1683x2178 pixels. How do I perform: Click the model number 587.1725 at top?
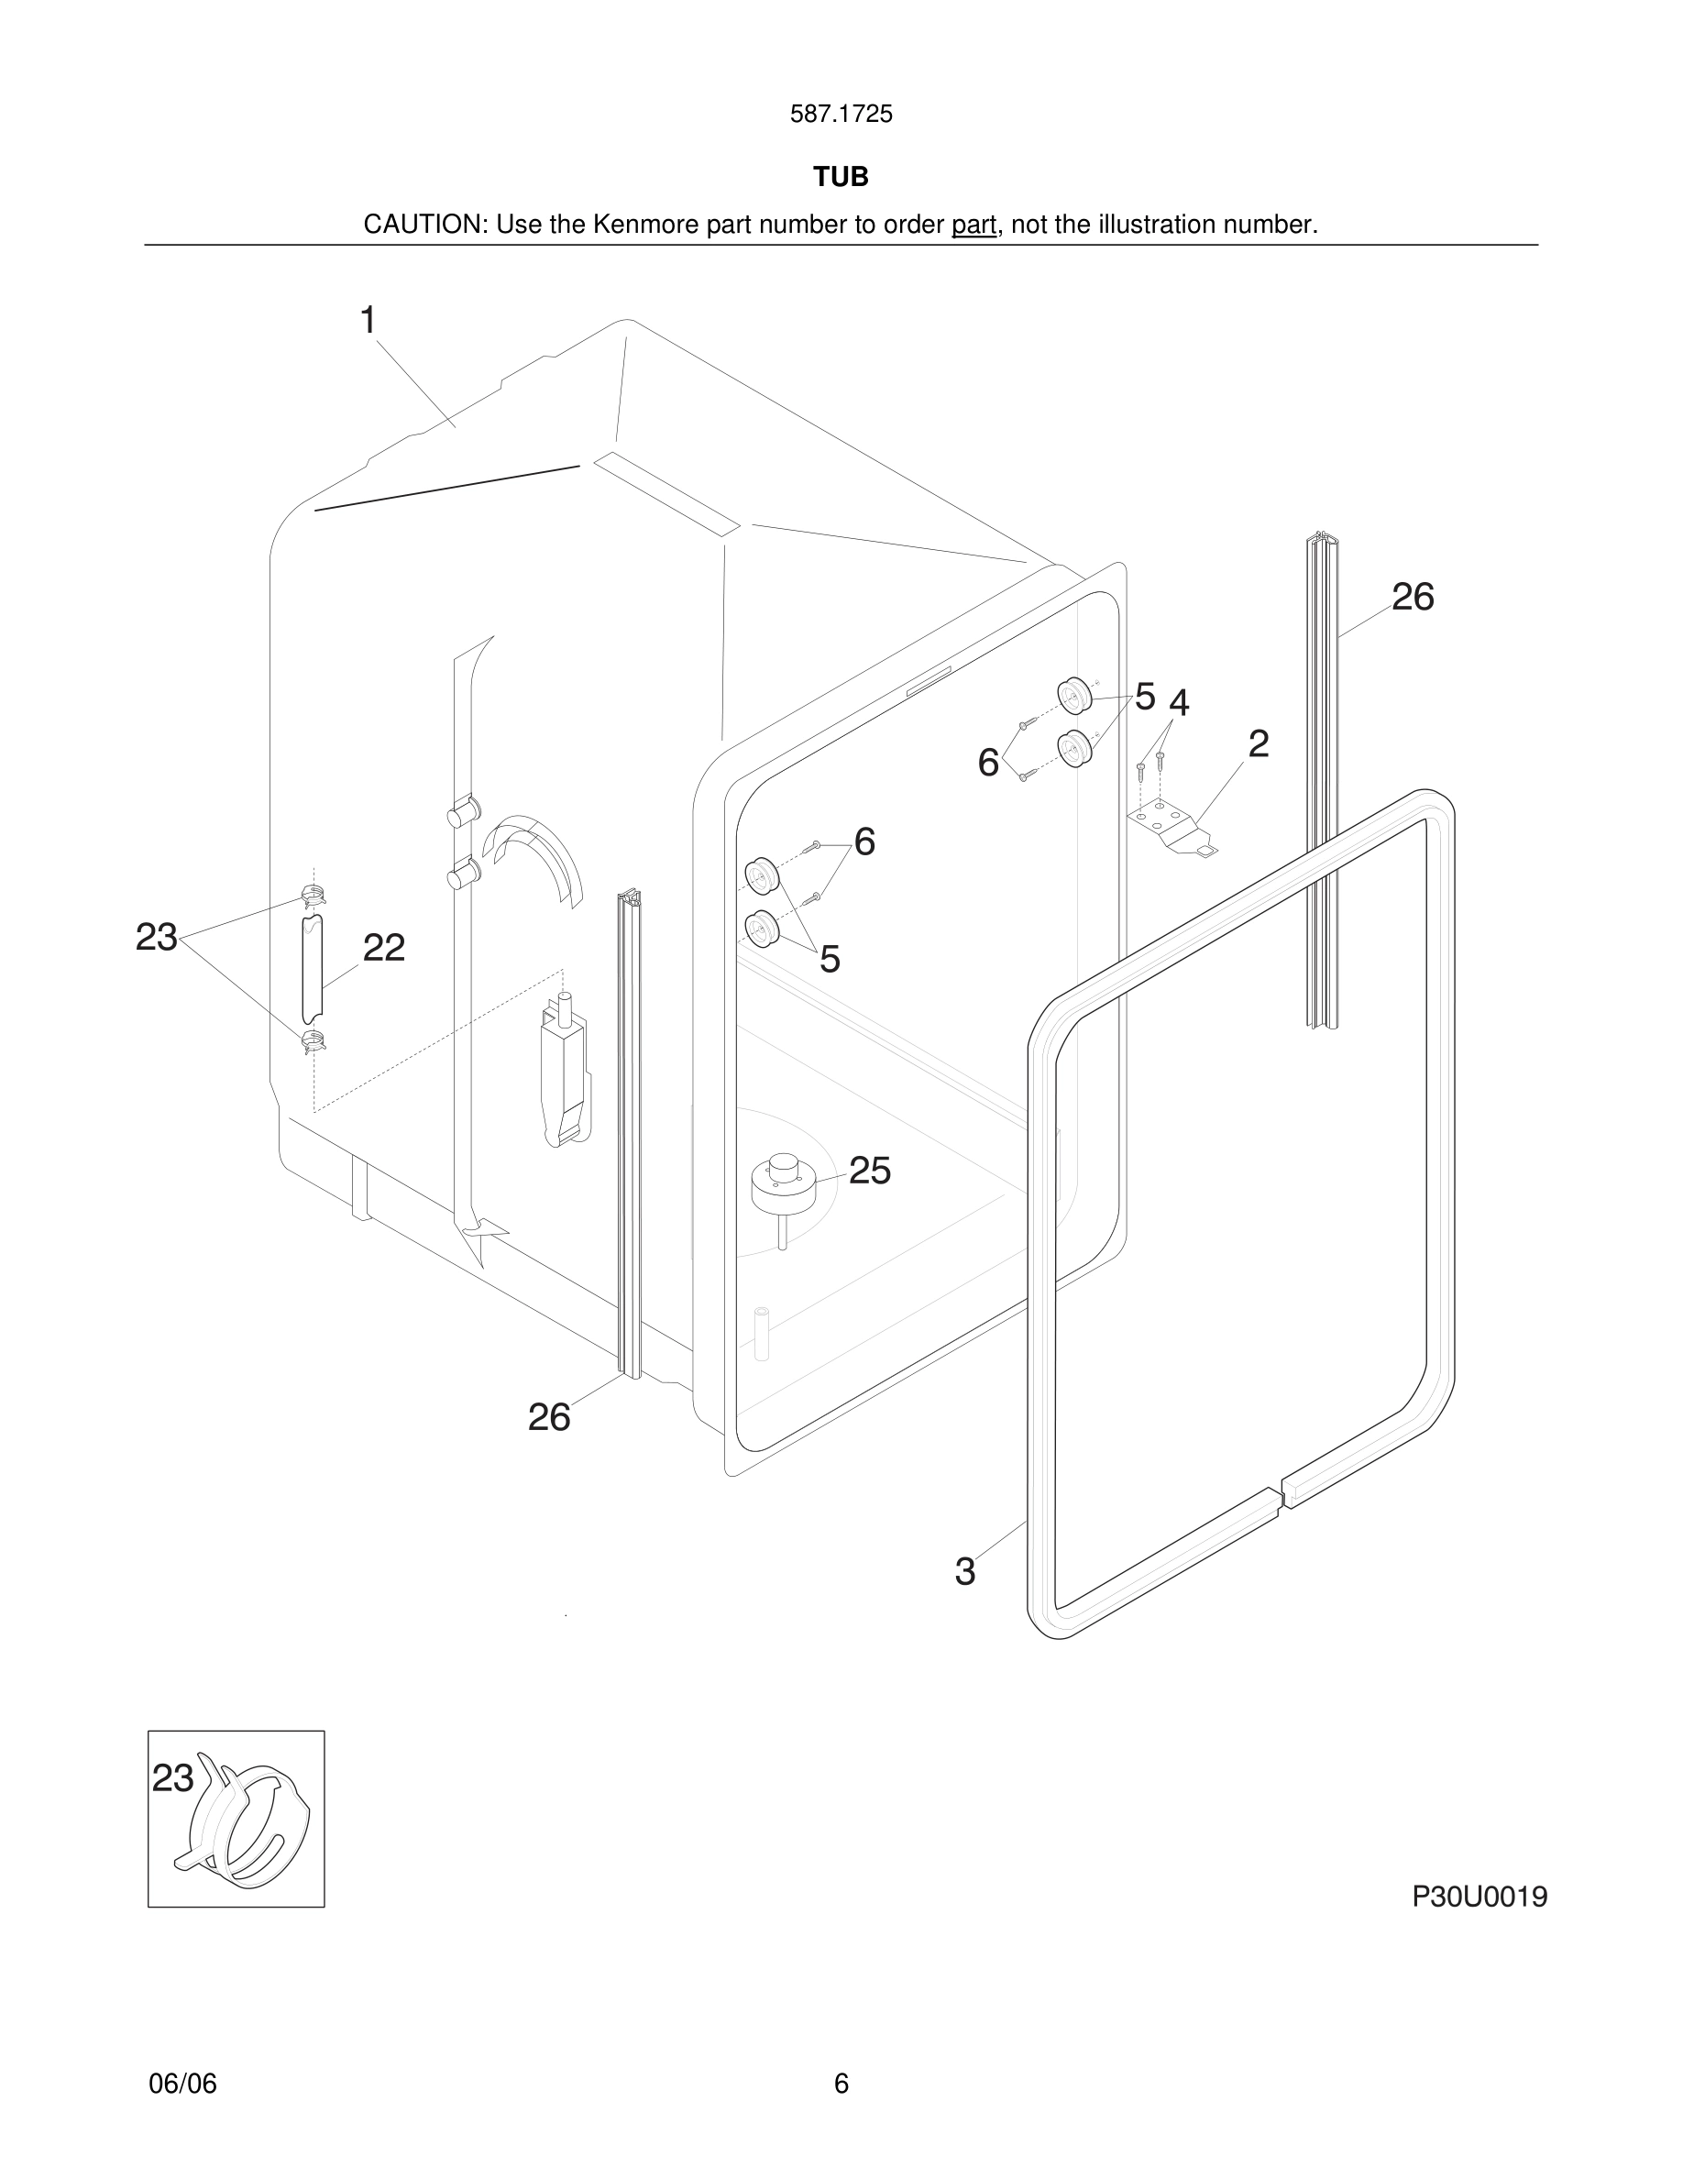tap(841, 115)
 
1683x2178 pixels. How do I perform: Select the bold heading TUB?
tap(841, 177)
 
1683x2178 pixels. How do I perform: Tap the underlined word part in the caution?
tap(973, 225)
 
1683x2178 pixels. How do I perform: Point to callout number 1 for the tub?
tap(368, 321)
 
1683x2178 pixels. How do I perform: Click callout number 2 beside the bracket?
tap(1259, 744)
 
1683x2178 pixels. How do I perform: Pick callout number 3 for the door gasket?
tap(964, 1572)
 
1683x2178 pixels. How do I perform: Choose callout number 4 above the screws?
tap(1179, 704)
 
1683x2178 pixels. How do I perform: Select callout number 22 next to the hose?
tap(384, 949)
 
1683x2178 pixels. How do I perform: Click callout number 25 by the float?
tap(869, 1171)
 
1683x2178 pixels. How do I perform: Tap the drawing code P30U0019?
tap(1479, 1897)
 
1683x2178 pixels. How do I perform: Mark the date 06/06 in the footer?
tap(182, 2084)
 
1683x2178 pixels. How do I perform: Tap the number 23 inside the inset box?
tap(172, 1779)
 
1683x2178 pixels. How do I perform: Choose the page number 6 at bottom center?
tap(841, 2084)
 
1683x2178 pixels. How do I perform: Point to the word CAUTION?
tap(423, 225)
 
